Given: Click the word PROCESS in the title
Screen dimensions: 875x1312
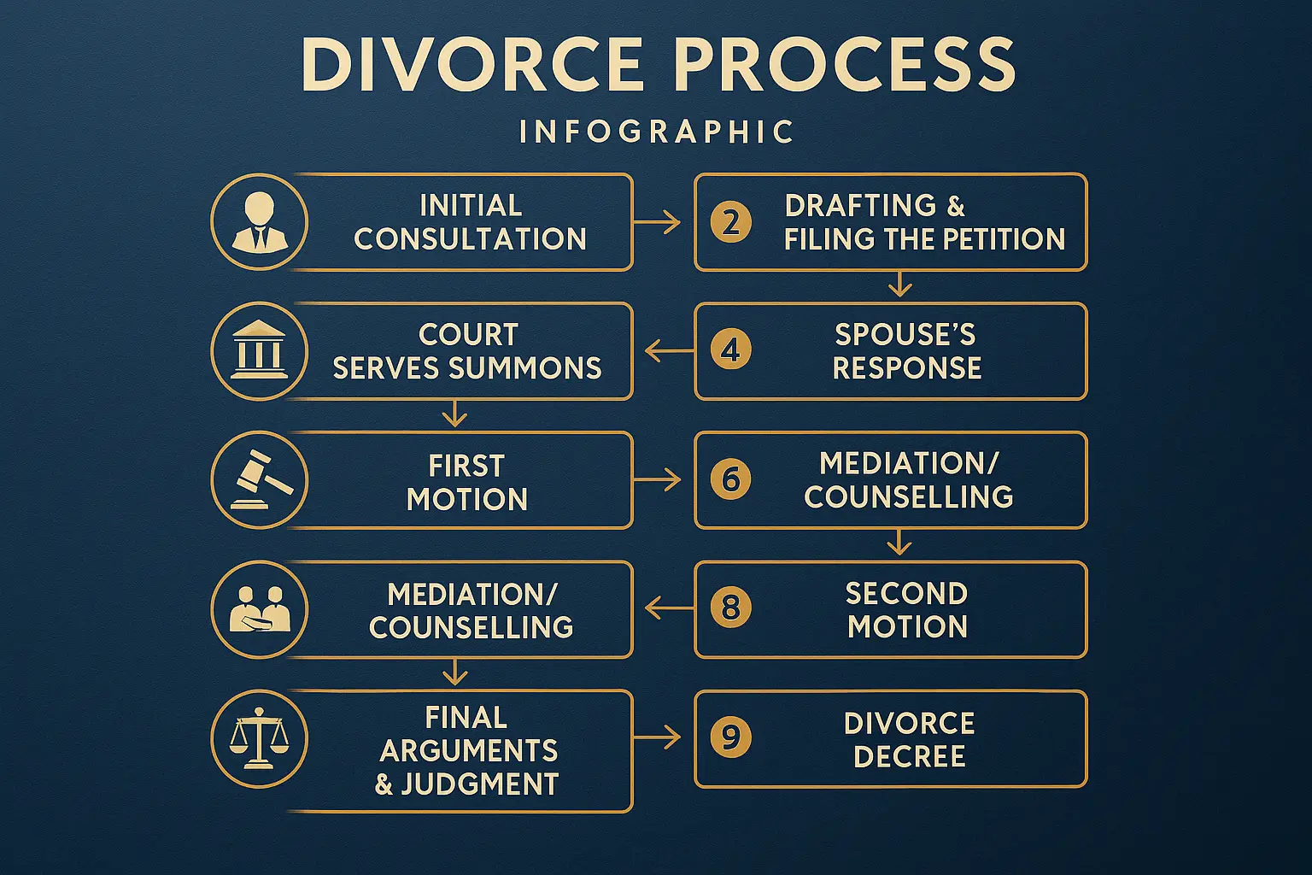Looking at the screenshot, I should (x=845, y=64).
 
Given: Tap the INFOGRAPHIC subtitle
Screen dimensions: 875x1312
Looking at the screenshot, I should (x=657, y=132).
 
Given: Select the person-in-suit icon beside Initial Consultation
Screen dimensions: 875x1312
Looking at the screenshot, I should (x=259, y=222).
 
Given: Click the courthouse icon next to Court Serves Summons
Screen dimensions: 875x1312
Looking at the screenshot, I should (x=259, y=351).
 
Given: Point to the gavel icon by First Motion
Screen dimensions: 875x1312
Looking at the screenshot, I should (x=259, y=480).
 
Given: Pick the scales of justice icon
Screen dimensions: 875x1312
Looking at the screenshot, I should (x=259, y=739).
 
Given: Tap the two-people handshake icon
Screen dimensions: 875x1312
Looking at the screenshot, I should (x=259, y=609).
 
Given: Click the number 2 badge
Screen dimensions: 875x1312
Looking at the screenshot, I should (x=731, y=222).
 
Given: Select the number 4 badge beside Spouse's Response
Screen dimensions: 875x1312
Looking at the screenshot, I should (x=731, y=350).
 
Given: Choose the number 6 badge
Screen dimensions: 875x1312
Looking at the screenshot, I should (x=731, y=479).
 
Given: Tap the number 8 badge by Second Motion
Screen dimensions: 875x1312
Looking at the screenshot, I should (x=731, y=608).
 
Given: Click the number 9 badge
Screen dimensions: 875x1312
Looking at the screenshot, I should (x=731, y=737).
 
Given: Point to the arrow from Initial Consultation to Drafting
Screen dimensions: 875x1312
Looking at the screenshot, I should (x=658, y=223).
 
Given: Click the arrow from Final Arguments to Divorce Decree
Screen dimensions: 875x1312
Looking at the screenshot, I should (x=658, y=738).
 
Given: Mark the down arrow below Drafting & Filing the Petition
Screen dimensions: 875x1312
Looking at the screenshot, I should (x=899, y=285).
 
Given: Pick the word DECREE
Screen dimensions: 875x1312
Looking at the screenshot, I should (x=909, y=756).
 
